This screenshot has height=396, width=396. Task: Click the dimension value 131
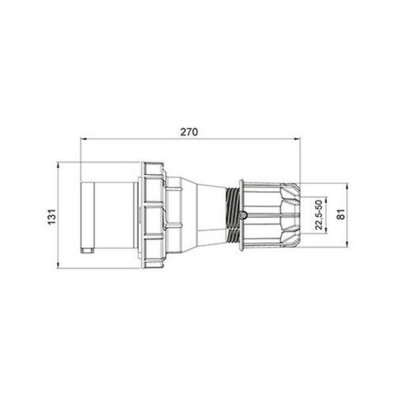51,216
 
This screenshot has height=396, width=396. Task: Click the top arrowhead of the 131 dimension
59,165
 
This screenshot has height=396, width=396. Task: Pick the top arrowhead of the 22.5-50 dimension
327,196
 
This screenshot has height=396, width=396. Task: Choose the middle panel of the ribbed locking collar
155,216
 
